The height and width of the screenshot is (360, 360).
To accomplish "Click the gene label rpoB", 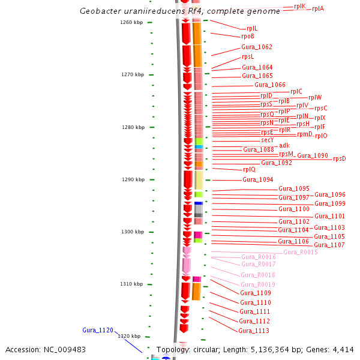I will click(x=248, y=37).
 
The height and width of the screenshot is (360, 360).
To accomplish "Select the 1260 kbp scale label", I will click(x=131, y=23).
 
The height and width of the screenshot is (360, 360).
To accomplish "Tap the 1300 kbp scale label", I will click(x=131, y=232).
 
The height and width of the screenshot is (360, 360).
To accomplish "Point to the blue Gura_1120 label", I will click(x=98, y=331).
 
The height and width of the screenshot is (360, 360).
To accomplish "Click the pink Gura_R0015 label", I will click(x=301, y=252).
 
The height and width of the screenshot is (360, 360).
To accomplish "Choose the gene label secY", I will click(x=268, y=140).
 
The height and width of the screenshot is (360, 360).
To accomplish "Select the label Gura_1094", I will click(x=258, y=179).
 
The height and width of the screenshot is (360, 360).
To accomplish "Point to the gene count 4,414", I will click(x=342, y=350).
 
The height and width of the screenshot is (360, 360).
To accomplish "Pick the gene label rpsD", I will click(x=340, y=159).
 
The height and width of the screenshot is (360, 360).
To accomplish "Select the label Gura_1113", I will click(x=254, y=331).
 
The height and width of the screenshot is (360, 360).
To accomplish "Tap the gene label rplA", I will click(x=318, y=9).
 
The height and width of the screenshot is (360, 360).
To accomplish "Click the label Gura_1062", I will click(x=257, y=47).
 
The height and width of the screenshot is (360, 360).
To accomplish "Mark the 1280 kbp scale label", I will click(x=131, y=127).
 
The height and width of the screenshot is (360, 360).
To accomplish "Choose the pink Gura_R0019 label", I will click(x=258, y=284).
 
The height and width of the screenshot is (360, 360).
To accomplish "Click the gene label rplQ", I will click(x=249, y=169).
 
